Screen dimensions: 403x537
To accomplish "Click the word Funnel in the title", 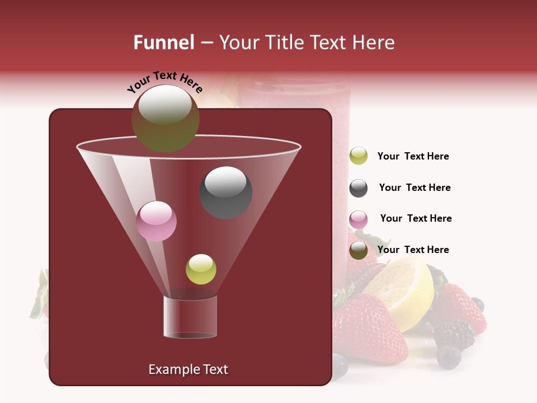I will (x=163, y=43).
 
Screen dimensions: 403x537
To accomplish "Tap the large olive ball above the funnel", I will (x=165, y=118).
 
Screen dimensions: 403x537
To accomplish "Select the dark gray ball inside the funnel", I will (x=225, y=192).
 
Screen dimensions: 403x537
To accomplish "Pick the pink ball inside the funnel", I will (x=157, y=221).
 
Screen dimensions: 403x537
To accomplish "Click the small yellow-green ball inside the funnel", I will (x=201, y=269).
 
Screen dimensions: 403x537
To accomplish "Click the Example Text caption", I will (x=188, y=369).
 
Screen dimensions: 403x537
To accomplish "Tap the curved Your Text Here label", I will (x=164, y=82).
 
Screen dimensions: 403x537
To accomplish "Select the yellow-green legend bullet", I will (x=359, y=156).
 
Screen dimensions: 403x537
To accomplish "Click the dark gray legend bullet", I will (x=359, y=188).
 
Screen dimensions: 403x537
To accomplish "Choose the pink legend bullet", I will (x=359, y=219).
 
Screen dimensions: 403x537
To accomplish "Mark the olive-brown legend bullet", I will (x=359, y=250).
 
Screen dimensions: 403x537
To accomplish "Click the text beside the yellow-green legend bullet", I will (x=413, y=157).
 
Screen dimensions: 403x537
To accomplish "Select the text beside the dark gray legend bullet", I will (x=414, y=188).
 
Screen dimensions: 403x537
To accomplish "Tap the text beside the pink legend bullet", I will (x=416, y=219).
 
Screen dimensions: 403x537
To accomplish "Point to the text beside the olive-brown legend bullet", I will (x=413, y=250).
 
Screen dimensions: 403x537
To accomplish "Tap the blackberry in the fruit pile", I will (x=454, y=334).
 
